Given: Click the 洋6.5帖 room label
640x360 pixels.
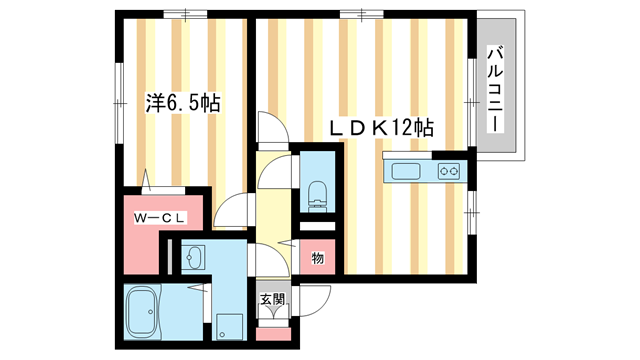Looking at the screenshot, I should (x=183, y=102).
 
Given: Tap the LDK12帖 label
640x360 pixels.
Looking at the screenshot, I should (x=383, y=128).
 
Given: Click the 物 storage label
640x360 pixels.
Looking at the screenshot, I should (x=317, y=258).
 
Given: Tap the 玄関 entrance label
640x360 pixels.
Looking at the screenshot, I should (x=271, y=299).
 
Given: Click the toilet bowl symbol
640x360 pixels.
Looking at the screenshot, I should (x=317, y=193).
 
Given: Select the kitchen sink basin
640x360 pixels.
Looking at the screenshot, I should (x=407, y=171).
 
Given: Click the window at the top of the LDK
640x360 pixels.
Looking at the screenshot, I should (x=354, y=14).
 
